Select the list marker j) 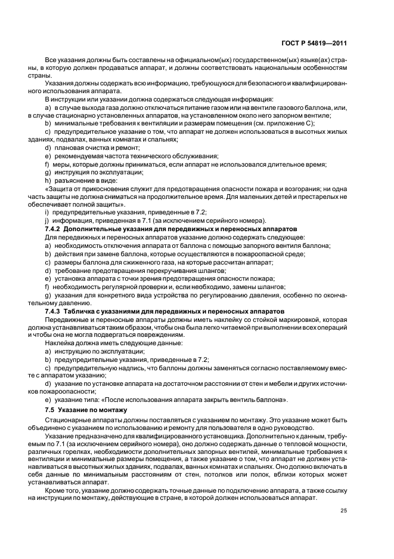(47, 220)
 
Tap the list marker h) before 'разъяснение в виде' (48, 180)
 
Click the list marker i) (47, 212)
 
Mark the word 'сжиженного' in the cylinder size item (136, 262)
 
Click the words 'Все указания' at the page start (64, 62)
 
